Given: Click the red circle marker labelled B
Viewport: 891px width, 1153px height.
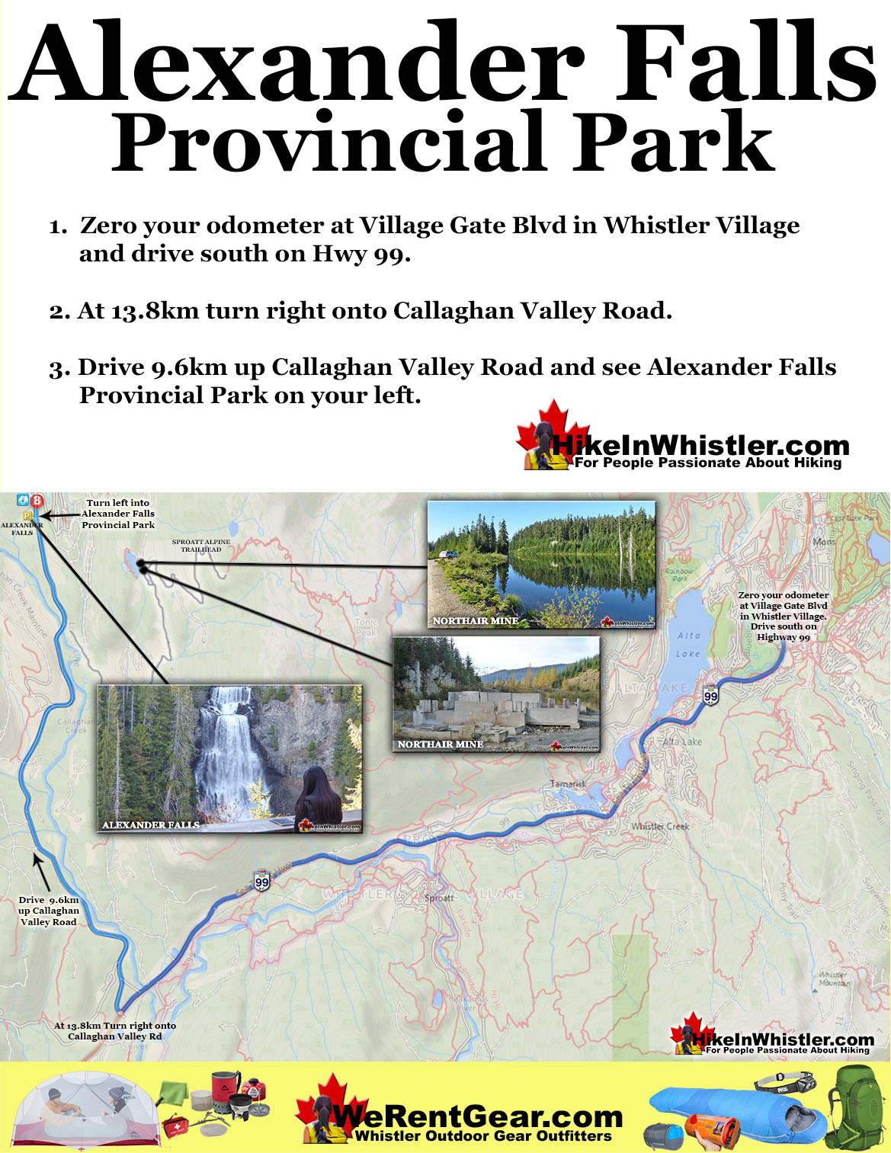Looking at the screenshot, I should (36, 501).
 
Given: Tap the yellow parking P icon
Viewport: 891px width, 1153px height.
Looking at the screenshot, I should (27, 515).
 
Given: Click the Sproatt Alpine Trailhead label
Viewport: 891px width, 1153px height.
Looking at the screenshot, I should (201, 546).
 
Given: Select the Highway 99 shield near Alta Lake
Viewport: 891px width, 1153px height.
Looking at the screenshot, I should (710, 694).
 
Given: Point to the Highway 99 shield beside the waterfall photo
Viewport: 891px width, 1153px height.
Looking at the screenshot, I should (262, 882).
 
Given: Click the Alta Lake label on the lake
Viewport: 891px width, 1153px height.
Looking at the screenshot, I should (688, 644).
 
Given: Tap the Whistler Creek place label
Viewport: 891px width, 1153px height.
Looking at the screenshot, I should (660, 826).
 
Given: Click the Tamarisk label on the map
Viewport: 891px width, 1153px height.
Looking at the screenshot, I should (569, 784).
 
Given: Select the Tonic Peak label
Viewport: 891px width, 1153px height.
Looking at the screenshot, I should (367, 627).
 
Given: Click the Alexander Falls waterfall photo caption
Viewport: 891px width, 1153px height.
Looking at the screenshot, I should (151, 825).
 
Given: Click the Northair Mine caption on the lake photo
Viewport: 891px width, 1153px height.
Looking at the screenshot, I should (476, 620).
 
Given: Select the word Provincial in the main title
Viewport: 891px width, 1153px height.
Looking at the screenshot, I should (329, 143).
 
